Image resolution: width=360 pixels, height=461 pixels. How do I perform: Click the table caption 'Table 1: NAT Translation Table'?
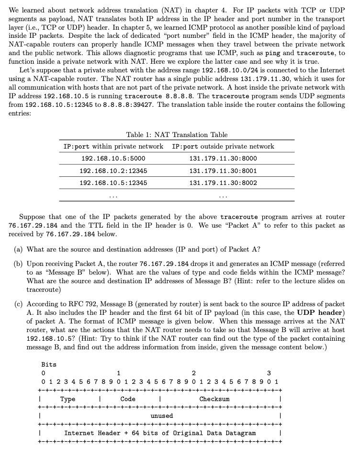[177, 135]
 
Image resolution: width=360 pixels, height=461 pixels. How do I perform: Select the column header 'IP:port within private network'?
[113, 146]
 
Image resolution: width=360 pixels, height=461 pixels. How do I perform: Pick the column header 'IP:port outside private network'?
[223, 146]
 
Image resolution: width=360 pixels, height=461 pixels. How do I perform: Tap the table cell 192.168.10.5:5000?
[113, 159]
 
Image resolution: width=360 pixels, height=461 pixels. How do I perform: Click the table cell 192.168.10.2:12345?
[113, 171]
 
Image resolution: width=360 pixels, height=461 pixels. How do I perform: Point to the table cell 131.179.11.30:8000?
[223, 159]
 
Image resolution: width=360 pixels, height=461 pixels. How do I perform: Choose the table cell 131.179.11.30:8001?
[223, 171]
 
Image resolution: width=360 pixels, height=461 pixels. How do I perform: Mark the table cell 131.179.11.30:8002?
[223, 183]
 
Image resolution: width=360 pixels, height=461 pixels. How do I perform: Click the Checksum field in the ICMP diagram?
[214, 399]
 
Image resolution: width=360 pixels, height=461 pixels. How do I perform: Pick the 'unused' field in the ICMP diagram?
[161, 415]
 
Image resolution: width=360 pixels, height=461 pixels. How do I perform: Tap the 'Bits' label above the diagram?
[49, 365]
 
